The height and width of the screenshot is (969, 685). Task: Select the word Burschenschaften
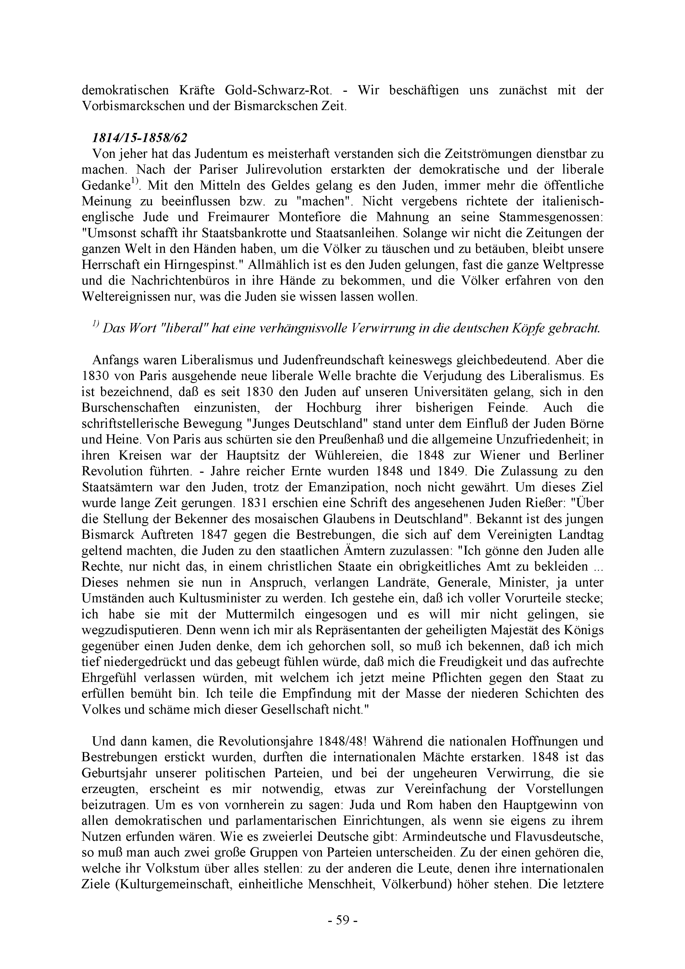pos(130,408)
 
